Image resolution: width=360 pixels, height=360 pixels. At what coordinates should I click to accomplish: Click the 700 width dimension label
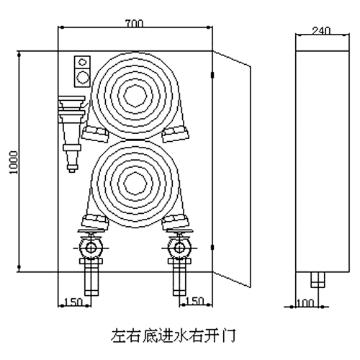[134, 24]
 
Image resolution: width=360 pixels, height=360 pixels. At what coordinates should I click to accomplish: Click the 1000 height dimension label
[14, 163]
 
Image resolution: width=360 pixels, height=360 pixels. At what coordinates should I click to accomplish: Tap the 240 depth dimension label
[321, 31]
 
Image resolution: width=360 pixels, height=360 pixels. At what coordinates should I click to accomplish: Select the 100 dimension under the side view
[305, 303]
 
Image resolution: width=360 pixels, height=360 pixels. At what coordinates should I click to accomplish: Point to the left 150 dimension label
[73, 302]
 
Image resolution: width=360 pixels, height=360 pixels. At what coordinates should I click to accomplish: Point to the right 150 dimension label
[194, 301]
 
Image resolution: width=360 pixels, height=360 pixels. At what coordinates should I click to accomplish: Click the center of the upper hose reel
[135, 96]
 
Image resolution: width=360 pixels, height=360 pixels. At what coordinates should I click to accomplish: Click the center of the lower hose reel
[135, 183]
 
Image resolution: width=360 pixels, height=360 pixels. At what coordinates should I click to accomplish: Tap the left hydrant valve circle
[91, 248]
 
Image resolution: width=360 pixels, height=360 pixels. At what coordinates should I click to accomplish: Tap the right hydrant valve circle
[180, 248]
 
